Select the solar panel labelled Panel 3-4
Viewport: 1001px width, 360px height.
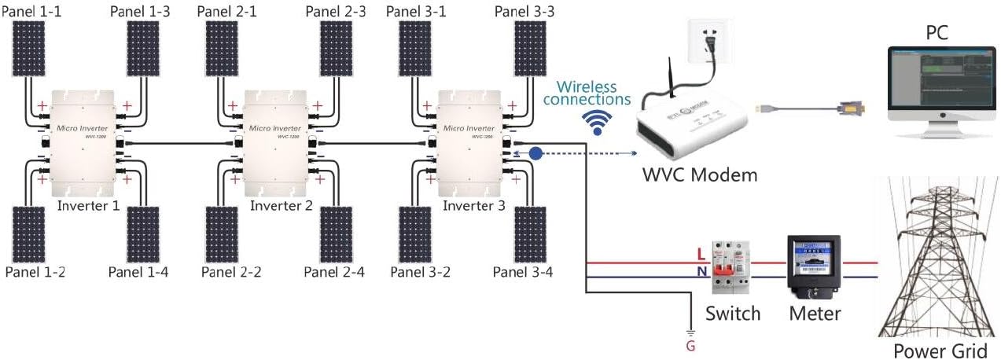(530, 233)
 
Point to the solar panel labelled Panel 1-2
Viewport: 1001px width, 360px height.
(29, 233)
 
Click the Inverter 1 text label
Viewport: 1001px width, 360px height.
(89, 206)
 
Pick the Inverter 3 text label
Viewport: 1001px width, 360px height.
(475, 206)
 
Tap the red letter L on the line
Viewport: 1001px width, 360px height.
(701, 254)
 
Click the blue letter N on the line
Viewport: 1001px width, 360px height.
(701, 272)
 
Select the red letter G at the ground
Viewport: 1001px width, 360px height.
(690, 345)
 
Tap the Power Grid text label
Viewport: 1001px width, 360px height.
(940, 350)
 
